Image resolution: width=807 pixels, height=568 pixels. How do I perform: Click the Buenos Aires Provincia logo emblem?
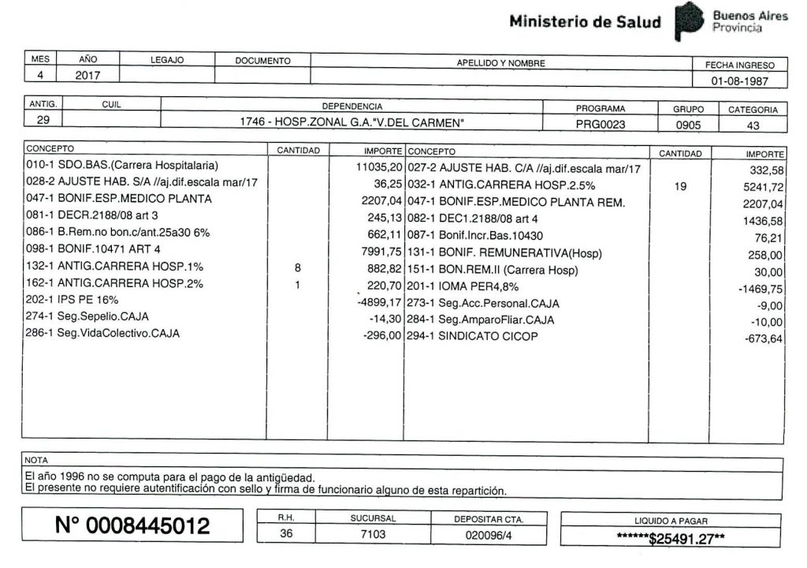click(x=690, y=22)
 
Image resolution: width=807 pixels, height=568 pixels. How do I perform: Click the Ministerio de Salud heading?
click(x=585, y=22)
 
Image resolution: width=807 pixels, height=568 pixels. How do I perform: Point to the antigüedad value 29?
click(x=41, y=121)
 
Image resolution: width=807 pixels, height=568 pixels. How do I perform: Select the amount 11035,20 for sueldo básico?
click(x=380, y=167)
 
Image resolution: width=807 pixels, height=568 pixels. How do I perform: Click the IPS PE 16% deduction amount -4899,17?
click(x=380, y=301)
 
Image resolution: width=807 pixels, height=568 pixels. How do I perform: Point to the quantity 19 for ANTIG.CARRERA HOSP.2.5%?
click(x=680, y=184)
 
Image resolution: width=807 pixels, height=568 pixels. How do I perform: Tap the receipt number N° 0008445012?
click(x=132, y=525)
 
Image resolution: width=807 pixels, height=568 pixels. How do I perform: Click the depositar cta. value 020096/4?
click(x=489, y=535)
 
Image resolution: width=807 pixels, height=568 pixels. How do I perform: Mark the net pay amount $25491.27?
click(x=672, y=540)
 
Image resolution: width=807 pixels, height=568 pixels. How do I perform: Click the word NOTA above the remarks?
click(x=36, y=459)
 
